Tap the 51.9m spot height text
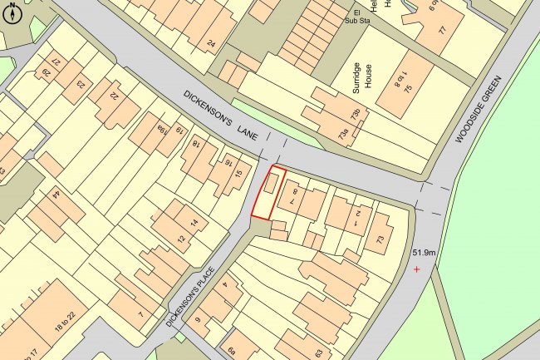pos(424,252)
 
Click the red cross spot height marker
pos(417,269)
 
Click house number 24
pos(211,43)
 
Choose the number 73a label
pos(343,131)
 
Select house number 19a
pos(160,128)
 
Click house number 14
pos(194,223)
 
